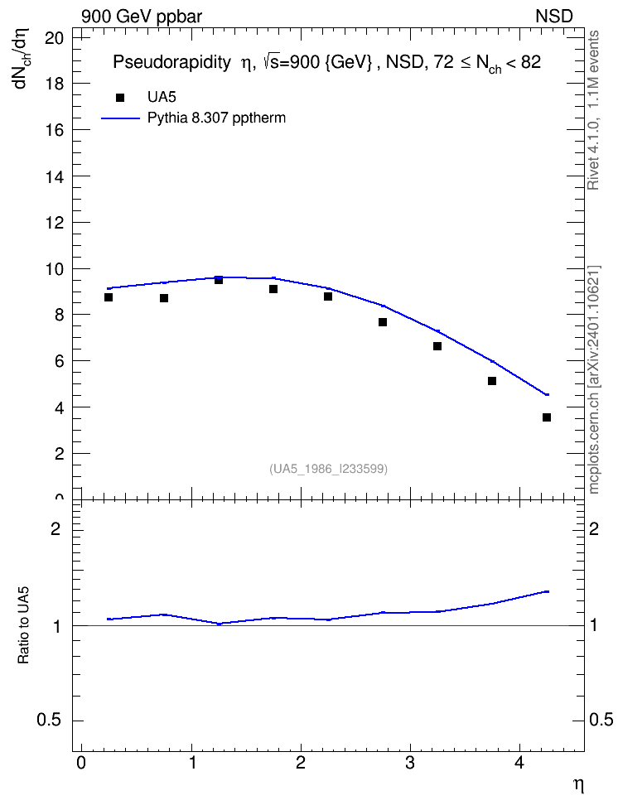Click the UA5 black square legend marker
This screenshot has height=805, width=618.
point(120,97)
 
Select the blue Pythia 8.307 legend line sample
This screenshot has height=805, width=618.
point(121,118)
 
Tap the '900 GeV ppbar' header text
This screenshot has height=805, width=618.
point(142,17)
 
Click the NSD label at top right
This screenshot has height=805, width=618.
point(553,17)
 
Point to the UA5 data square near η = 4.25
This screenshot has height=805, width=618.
point(547,417)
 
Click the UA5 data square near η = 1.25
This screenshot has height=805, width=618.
point(219,280)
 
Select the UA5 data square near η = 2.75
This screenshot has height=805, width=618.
point(383,322)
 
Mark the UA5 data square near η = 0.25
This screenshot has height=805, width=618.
point(109,297)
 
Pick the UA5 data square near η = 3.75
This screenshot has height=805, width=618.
point(492,381)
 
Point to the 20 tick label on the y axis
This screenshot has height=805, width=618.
point(55,37)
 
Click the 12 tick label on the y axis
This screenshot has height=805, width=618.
point(55,222)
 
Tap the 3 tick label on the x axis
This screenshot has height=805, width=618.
point(410,763)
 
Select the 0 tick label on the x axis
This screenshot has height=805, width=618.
point(81,763)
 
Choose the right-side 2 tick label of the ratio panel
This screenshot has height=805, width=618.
point(594,528)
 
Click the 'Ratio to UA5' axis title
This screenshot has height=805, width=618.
point(23,625)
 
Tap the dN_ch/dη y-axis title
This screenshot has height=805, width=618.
point(22,58)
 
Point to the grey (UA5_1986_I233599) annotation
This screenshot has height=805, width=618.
point(328,469)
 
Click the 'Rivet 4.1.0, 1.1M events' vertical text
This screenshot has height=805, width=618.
point(593,110)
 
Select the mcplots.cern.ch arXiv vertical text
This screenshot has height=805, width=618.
point(594,380)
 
